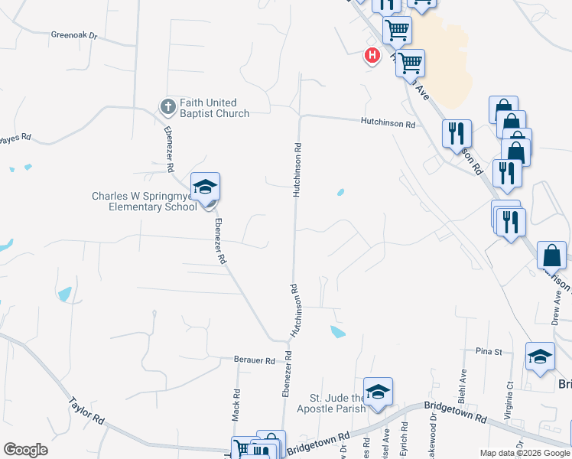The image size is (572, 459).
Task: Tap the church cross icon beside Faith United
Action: (167, 106)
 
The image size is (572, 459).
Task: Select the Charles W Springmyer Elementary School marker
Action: (205, 187)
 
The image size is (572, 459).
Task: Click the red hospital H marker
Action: (372, 55)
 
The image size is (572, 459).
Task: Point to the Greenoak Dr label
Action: (75, 35)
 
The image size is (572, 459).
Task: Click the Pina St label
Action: (488, 352)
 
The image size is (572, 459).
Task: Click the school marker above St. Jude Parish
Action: (377, 392)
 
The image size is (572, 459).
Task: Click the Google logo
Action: (25, 450)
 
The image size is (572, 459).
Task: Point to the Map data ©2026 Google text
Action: (524, 453)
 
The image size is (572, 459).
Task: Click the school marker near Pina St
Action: (540, 356)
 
